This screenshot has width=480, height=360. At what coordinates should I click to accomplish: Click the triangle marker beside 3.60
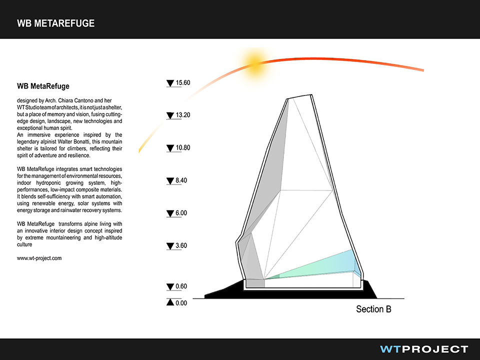pyautogui.click(x=170, y=246)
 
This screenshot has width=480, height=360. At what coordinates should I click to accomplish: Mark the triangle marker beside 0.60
pyautogui.click(x=170, y=287)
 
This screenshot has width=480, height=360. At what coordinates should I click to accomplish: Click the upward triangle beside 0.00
pyautogui.click(x=170, y=302)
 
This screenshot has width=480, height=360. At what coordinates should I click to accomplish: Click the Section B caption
pyautogui.click(x=373, y=309)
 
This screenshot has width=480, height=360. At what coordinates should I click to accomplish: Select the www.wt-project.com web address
pyautogui.click(x=39, y=258)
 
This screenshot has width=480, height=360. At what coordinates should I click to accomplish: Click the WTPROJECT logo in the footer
pyautogui.click(x=424, y=349)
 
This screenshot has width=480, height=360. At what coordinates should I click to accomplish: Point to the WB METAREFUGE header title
pyautogui.click(x=55, y=23)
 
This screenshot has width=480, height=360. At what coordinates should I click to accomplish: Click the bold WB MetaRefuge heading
pyautogui.click(x=43, y=86)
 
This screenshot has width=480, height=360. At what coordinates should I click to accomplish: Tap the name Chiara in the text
pyautogui.click(x=66, y=100)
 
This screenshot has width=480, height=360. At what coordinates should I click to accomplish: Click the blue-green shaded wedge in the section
pyautogui.click(x=315, y=265)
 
